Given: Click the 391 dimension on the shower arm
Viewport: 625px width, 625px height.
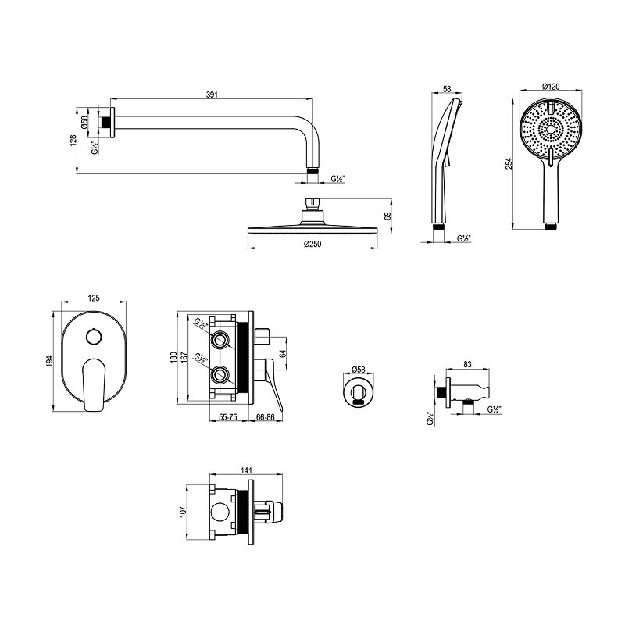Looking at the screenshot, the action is click(x=212, y=95).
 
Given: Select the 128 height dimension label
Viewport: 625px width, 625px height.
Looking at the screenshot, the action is click(x=73, y=141).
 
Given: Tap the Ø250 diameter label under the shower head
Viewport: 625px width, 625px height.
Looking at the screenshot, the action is click(x=312, y=244).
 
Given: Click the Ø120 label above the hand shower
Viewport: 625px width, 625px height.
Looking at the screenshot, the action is click(x=552, y=87).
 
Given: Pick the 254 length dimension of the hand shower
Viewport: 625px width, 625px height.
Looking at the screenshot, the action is click(x=509, y=164).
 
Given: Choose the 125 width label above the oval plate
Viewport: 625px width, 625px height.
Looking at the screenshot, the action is click(x=94, y=298).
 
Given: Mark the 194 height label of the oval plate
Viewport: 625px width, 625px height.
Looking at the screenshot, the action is click(x=50, y=361).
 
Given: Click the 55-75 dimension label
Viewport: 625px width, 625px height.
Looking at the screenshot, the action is click(x=228, y=417).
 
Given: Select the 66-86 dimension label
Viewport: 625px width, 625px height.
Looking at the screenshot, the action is click(x=266, y=417).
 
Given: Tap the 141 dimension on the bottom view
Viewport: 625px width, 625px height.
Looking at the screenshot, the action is click(x=246, y=471).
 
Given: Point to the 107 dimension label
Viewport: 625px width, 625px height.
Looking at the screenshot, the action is click(x=184, y=512).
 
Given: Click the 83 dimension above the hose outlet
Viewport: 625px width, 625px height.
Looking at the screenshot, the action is click(x=468, y=364).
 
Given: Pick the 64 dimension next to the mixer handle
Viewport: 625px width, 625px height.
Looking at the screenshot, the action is click(x=283, y=353).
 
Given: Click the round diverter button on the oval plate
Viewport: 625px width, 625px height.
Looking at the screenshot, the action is click(x=94, y=337).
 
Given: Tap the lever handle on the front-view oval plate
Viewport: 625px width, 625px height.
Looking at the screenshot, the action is click(x=94, y=384).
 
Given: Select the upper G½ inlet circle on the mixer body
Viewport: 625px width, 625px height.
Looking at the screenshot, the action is click(x=220, y=339).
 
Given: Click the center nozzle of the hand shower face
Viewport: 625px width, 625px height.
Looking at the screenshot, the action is click(x=551, y=129).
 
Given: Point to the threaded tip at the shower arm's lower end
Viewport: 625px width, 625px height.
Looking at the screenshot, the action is click(x=313, y=170).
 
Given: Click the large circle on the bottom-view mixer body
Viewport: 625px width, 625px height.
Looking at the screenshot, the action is click(x=220, y=512).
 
